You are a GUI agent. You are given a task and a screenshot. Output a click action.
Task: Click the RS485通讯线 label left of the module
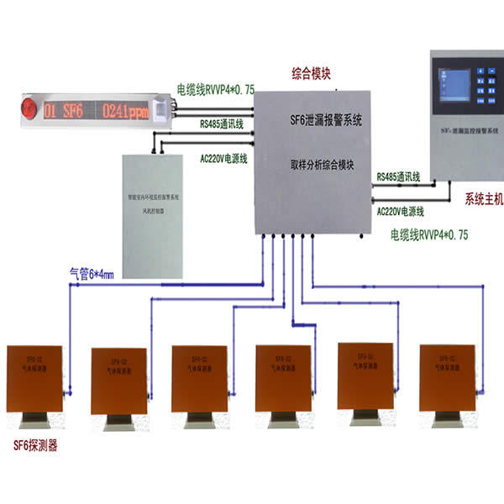click(x=221, y=124)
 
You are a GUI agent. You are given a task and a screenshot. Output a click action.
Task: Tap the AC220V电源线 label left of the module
click(x=222, y=156)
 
